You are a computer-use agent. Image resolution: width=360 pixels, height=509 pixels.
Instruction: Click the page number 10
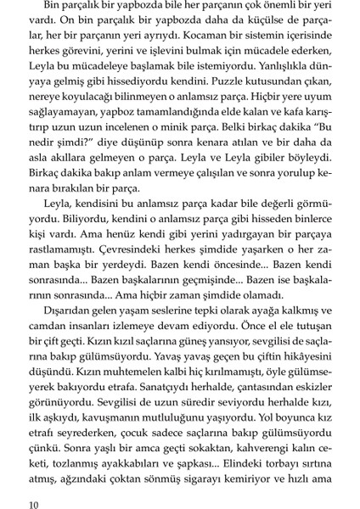[x=34, y=504]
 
